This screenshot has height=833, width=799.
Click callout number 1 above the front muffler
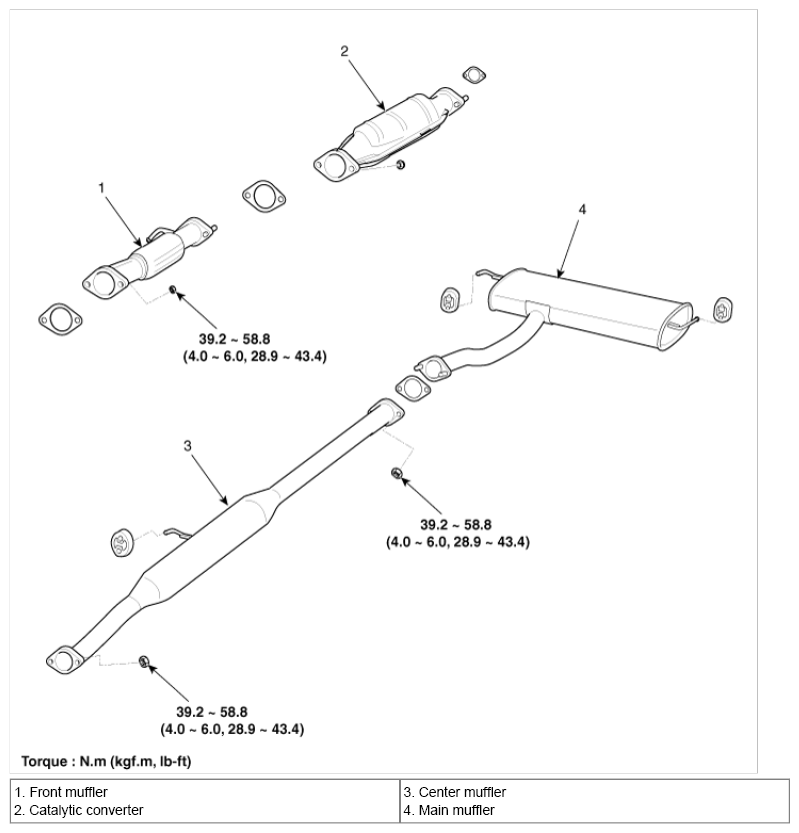(x=101, y=188)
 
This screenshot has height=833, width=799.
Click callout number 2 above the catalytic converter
(x=344, y=51)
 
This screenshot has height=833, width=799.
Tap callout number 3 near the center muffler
(x=188, y=446)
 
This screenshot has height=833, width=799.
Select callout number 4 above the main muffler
(x=582, y=209)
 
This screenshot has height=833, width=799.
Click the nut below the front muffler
(x=172, y=289)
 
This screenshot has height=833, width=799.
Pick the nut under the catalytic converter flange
(x=401, y=165)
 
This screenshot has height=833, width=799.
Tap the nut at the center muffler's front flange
(x=143, y=661)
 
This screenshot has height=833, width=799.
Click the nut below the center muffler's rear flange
(x=396, y=472)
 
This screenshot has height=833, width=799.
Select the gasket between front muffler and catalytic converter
(x=264, y=197)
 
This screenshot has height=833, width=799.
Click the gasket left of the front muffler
(x=60, y=320)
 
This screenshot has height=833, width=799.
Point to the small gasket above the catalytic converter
(x=474, y=75)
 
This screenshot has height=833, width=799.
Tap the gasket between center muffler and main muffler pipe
(x=413, y=388)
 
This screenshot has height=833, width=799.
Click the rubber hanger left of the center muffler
(x=122, y=543)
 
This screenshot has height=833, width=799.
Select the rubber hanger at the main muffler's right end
(x=723, y=310)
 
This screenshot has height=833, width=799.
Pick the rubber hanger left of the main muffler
(x=450, y=300)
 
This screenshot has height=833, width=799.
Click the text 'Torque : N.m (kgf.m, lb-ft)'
(x=106, y=761)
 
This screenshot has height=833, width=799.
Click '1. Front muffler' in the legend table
(x=61, y=792)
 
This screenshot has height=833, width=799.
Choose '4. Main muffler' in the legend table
(x=449, y=810)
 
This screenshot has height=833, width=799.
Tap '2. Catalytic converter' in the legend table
(x=79, y=810)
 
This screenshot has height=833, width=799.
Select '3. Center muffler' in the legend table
(x=455, y=792)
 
